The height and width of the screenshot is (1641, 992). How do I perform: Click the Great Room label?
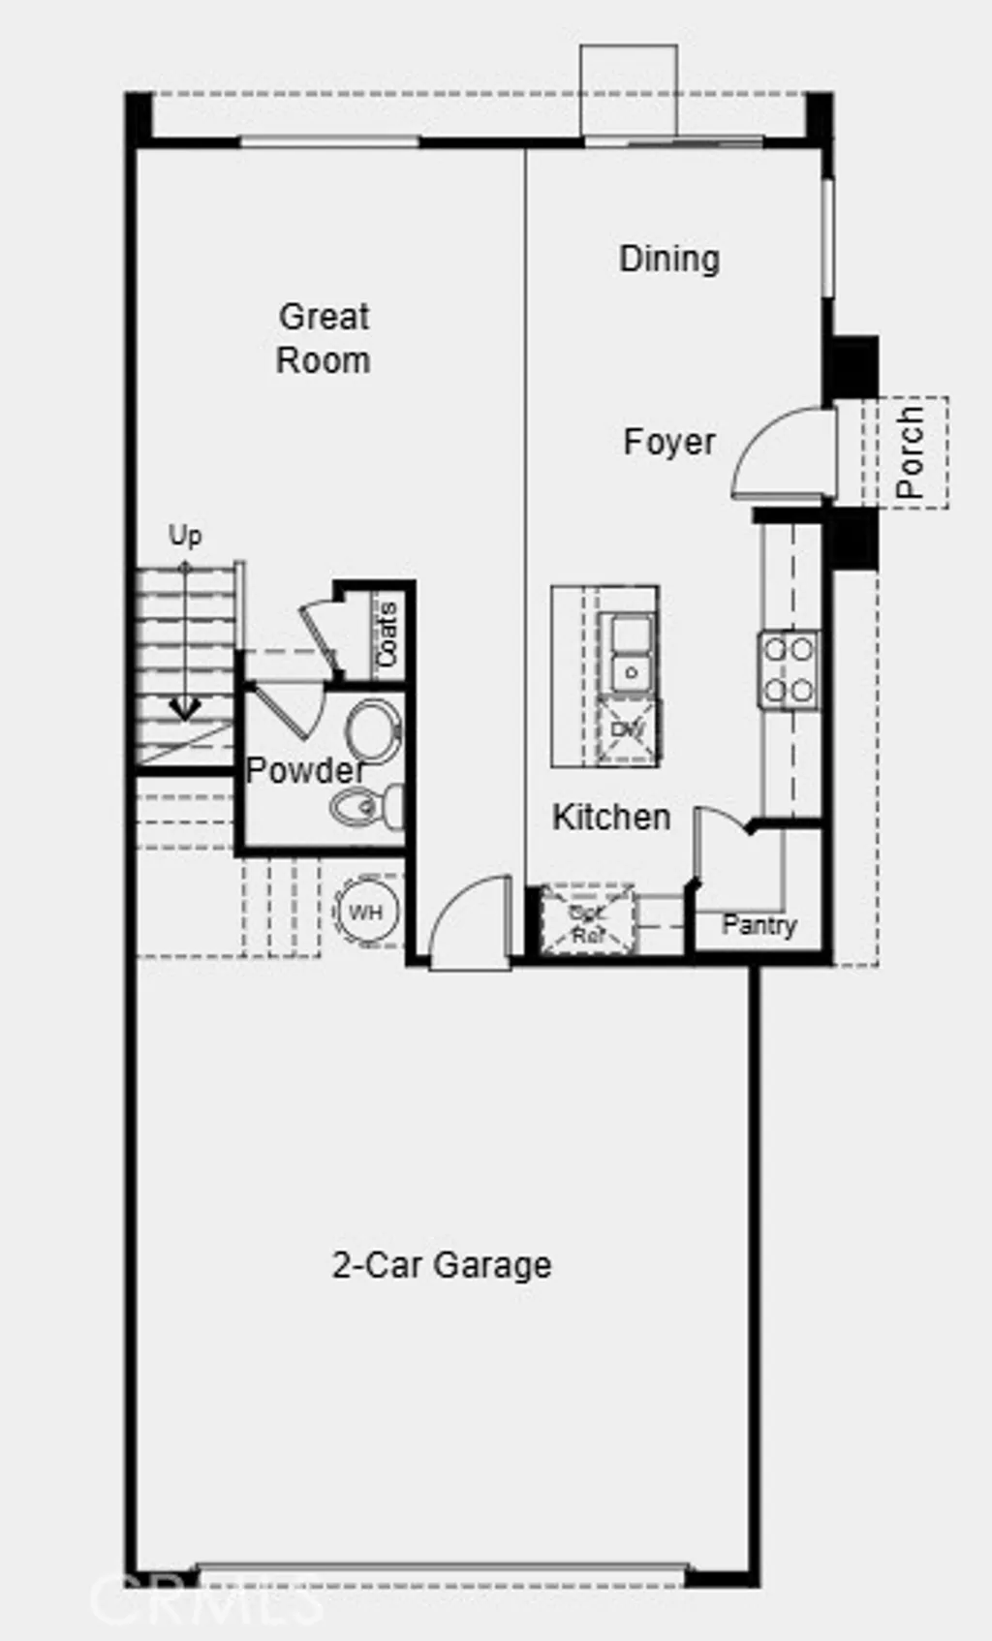(x=324, y=338)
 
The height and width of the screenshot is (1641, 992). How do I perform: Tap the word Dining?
(x=669, y=259)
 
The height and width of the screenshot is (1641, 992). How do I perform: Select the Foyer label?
(x=669, y=442)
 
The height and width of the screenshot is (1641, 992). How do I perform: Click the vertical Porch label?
(x=910, y=452)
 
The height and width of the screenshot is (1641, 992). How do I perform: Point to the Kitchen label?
(x=611, y=817)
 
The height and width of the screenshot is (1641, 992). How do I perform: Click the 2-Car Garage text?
(x=442, y=1264)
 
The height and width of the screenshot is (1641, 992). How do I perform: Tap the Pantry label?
(x=759, y=924)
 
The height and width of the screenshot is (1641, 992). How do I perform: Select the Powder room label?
(x=304, y=770)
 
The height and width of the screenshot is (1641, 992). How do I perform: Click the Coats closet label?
(x=387, y=635)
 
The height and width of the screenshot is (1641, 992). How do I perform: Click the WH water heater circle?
(x=366, y=912)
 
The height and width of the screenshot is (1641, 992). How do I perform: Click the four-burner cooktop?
(x=788, y=669)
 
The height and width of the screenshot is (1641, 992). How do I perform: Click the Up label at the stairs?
(x=185, y=535)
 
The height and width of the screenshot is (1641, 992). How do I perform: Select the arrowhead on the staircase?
(x=185, y=709)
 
